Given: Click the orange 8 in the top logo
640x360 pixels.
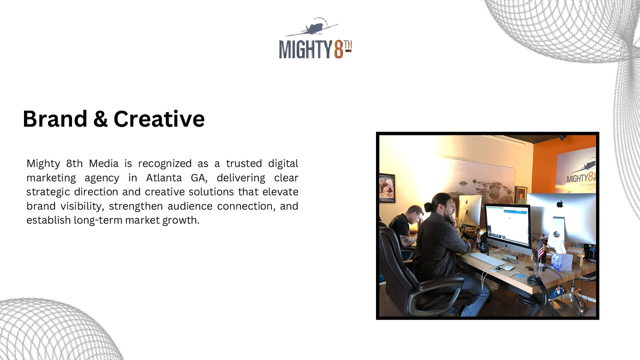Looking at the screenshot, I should tap(338, 50).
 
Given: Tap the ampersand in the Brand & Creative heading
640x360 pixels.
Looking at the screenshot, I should tap(100, 119).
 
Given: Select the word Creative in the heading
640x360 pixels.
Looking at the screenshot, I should tap(159, 119).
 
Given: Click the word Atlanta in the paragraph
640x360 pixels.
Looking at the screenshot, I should tap(164, 178).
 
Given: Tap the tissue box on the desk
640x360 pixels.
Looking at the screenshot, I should tap(562, 260).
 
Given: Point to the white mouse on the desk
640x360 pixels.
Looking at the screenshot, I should tap(509, 268).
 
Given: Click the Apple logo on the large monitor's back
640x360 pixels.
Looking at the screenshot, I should tap(560, 204).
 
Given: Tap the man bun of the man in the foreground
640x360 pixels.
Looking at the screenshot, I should tap(428, 207).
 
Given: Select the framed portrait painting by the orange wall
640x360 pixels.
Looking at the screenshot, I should tap(520, 196).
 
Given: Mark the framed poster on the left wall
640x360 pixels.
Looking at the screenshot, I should tap(386, 188).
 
